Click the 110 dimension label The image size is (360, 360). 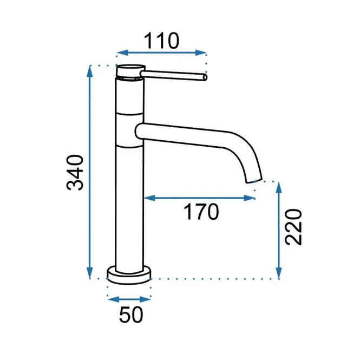pyautogui.click(x=161, y=41)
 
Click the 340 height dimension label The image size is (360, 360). pyautogui.click(x=75, y=173)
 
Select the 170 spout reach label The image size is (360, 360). pyautogui.click(x=201, y=212)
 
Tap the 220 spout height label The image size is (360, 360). pyautogui.click(x=293, y=227)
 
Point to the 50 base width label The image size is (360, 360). pyautogui.click(x=131, y=315)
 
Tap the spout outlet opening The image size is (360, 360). pyautogui.click(x=254, y=181)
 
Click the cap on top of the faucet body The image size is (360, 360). pyautogui.click(x=130, y=70)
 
